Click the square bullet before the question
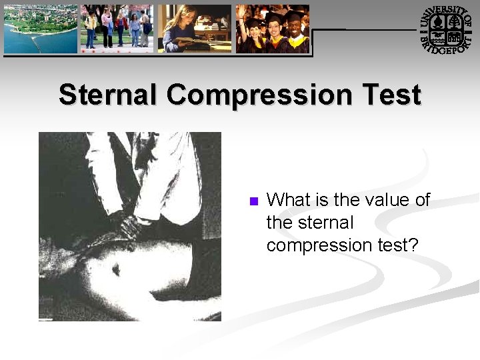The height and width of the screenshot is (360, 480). (x=253, y=201)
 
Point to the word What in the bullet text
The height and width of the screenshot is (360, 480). (x=288, y=200)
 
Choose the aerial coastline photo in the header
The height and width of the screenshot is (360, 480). (x=40, y=29)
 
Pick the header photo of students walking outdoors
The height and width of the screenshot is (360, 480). (x=117, y=29)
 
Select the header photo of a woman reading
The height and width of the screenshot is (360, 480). (x=194, y=29)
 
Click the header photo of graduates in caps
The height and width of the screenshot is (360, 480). (x=272, y=29)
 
